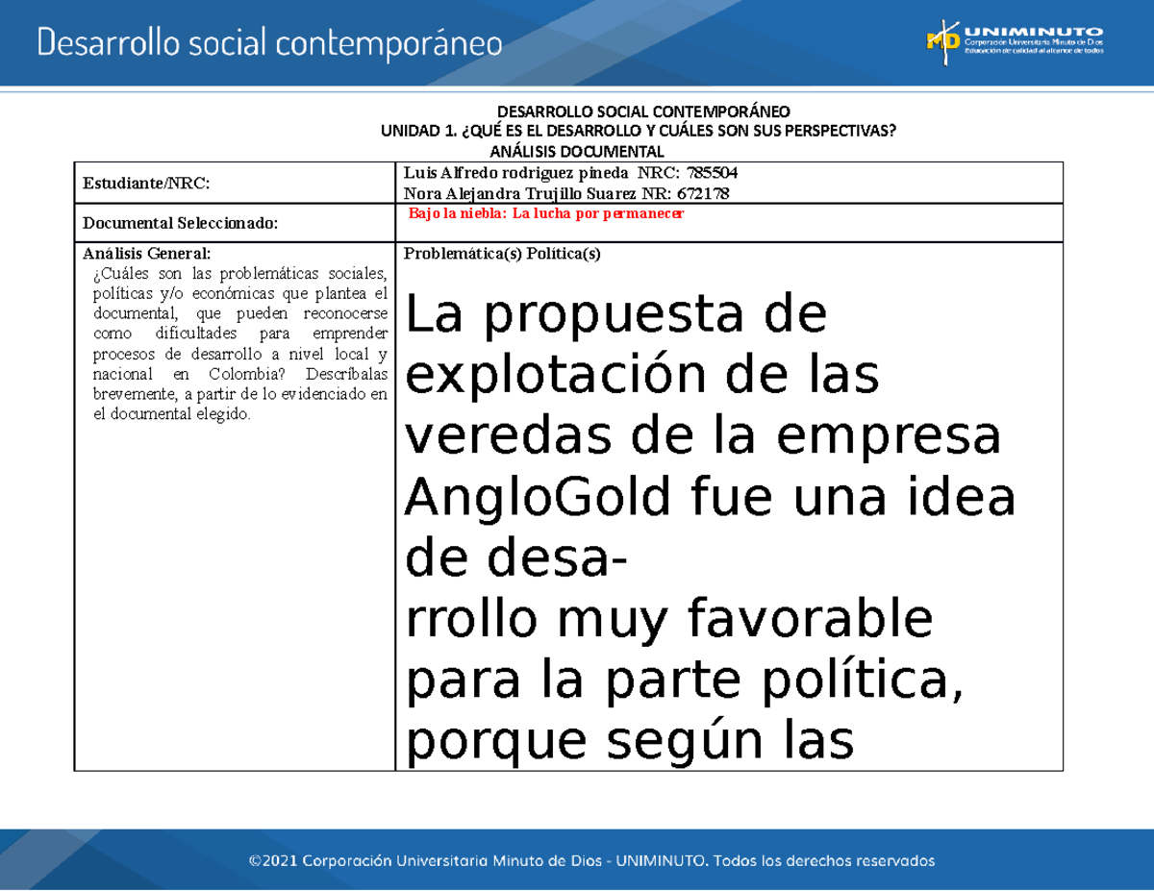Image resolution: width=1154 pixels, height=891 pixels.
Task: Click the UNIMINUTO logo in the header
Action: point(1014,38)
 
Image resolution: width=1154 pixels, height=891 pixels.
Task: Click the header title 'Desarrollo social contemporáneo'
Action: point(269,42)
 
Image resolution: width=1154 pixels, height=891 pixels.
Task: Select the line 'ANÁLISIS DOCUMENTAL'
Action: point(577,152)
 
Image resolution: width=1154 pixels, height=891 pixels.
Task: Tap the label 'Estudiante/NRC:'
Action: point(146,183)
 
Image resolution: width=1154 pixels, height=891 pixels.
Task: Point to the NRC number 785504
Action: point(707,173)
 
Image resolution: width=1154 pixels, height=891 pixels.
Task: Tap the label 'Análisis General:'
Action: point(145,254)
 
